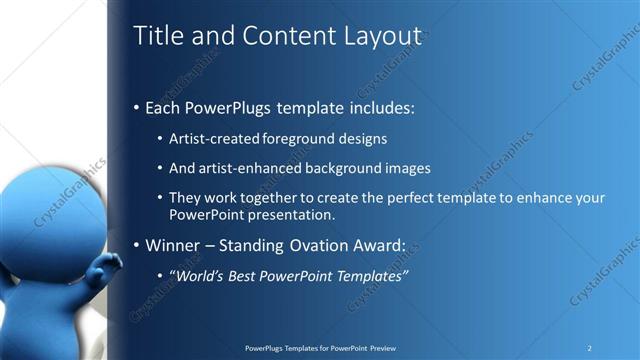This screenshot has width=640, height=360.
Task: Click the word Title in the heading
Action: (x=159, y=36)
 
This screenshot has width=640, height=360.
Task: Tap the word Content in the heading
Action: (x=286, y=36)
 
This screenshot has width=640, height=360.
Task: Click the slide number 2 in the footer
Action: (x=589, y=348)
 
